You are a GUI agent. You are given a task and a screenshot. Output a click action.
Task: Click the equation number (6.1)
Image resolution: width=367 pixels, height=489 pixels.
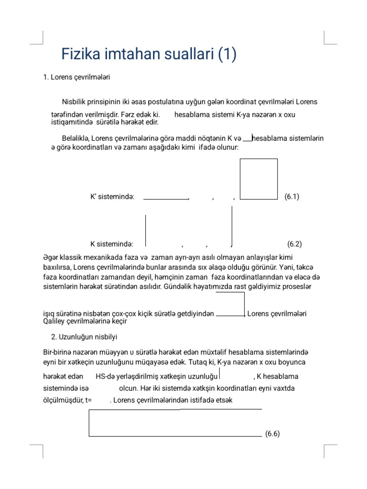(x=291, y=196)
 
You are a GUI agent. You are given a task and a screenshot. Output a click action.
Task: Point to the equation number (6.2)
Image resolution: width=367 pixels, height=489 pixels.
(x=295, y=244)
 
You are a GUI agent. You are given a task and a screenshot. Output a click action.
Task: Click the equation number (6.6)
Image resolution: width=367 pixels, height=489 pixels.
(x=272, y=434)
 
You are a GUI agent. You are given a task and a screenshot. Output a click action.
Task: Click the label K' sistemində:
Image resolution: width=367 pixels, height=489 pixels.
(x=112, y=196)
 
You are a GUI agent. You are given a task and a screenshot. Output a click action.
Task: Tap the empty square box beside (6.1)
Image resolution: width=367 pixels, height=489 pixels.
(x=259, y=179)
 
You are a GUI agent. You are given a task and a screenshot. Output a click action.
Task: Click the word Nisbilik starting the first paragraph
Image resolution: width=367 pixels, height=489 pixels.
(x=75, y=102)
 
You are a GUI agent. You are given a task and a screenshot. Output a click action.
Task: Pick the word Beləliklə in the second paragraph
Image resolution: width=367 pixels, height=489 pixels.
(x=76, y=138)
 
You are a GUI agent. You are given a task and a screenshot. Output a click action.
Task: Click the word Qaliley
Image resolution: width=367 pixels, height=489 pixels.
(x=54, y=321)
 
